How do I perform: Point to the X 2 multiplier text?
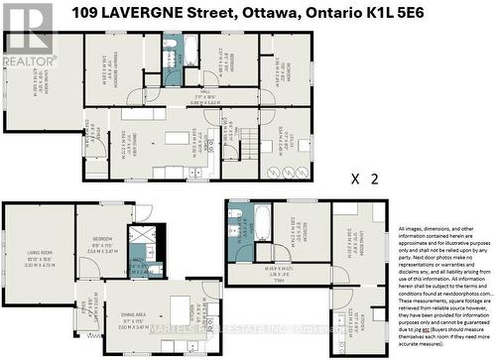pyautogui.click(x=366, y=180)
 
